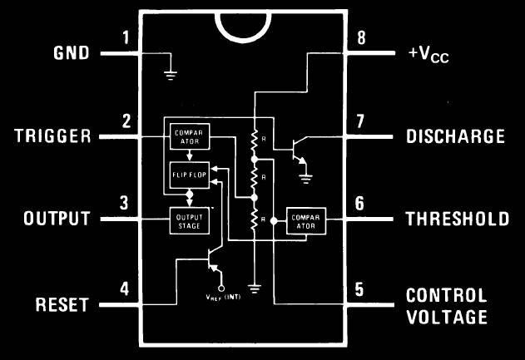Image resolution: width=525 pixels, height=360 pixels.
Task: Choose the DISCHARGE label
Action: [x=454, y=136]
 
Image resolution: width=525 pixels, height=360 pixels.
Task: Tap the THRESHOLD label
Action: [x=457, y=219]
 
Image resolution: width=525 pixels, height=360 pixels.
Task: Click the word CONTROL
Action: [x=445, y=296]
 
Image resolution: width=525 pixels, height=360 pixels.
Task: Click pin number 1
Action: [x=126, y=37]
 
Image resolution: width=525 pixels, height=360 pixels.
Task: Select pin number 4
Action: [x=126, y=289]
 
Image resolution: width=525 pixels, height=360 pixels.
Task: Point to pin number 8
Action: [x=359, y=37]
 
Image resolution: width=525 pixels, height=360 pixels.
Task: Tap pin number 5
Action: [x=359, y=289]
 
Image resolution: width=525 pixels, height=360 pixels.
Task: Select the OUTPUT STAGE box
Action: [x=190, y=220]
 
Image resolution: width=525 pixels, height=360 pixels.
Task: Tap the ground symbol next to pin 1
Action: [x=171, y=71]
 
